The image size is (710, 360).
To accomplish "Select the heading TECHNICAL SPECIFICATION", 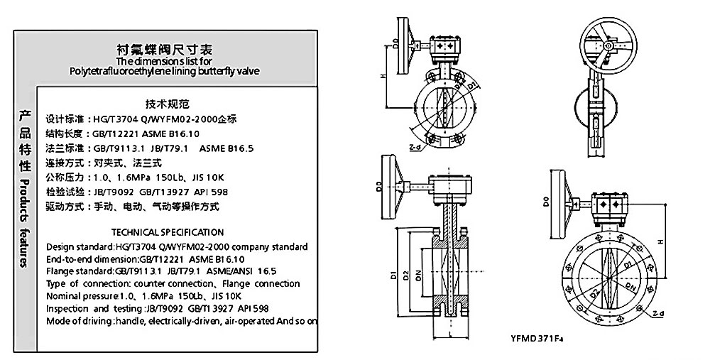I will point(168,232).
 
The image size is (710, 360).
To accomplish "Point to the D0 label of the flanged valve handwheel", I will point(545,203).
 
